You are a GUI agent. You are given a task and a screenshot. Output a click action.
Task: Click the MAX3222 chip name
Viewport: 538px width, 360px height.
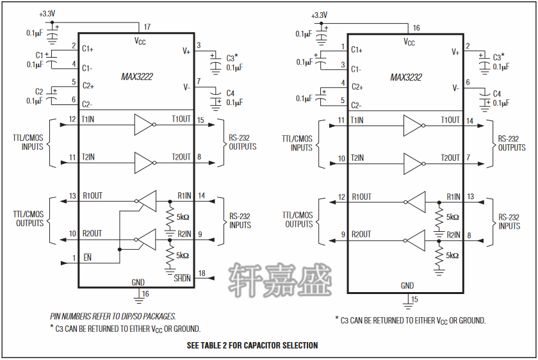[x=137, y=76]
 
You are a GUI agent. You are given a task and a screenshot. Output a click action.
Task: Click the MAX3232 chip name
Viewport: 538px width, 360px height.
[x=406, y=78]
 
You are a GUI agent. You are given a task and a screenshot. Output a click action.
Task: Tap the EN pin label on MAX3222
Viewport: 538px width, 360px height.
[x=88, y=258]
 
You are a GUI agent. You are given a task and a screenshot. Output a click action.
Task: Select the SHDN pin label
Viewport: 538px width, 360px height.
[x=182, y=278]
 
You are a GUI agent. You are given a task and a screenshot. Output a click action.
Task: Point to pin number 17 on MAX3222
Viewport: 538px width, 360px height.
[x=147, y=27]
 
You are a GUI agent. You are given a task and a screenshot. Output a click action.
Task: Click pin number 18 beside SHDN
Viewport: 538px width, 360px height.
[x=202, y=273]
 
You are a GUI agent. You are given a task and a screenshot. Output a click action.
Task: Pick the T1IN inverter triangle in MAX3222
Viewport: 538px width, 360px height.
[x=143, y=124]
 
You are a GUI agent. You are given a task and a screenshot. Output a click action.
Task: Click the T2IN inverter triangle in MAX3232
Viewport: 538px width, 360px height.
[x=412, y=164]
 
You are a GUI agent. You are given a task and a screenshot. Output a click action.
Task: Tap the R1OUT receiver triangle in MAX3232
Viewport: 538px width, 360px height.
[x=416, y=202]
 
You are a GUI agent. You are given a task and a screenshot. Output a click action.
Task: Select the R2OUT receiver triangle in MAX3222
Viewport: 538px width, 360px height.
[x=147, y=240]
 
